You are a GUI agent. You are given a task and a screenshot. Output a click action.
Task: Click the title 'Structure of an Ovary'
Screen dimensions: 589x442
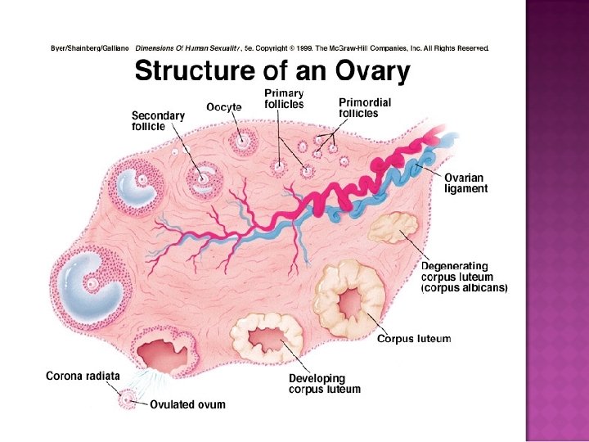tap(272, 73)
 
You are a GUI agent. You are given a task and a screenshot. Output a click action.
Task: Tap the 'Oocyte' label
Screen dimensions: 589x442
tap(223, 107)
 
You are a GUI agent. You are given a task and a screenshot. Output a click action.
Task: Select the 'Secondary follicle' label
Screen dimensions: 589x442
tap(158, 121)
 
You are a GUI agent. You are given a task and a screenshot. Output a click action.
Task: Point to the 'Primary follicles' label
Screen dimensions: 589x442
tap(283, 99)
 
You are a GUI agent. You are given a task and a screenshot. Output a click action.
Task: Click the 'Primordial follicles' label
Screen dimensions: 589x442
tap(364, 108)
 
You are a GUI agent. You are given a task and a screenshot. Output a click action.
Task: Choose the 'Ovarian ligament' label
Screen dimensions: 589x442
tap(465, 183)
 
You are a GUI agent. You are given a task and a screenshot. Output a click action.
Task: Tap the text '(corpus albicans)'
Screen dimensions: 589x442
tap(465, 289)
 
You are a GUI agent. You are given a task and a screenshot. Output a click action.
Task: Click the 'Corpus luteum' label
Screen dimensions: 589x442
tap(413, 339)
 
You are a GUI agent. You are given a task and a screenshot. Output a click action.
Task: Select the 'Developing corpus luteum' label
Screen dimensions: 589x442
tap(324, 384)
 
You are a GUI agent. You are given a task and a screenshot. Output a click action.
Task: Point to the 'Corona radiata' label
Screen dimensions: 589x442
tap(83, 377)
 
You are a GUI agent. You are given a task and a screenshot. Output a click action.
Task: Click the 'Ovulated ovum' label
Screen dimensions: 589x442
tap(187, 404)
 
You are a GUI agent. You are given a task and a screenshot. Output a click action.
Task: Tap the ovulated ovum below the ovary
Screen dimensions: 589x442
tap(128, 399)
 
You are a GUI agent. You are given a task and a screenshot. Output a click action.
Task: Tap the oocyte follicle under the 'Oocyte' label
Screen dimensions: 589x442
tap(243, 141)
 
